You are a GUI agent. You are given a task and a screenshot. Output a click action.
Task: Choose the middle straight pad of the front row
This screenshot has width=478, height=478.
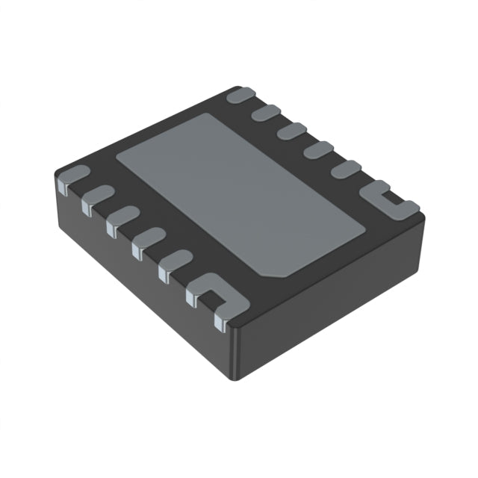click(122, 219)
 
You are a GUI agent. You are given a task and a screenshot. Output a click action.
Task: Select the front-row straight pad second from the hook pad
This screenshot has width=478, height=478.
click(148, 240)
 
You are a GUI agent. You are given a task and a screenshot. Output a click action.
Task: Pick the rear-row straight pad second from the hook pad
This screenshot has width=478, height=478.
click(317, 149)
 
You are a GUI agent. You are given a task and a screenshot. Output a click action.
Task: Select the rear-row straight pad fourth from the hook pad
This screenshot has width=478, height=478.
click(267, 113)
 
